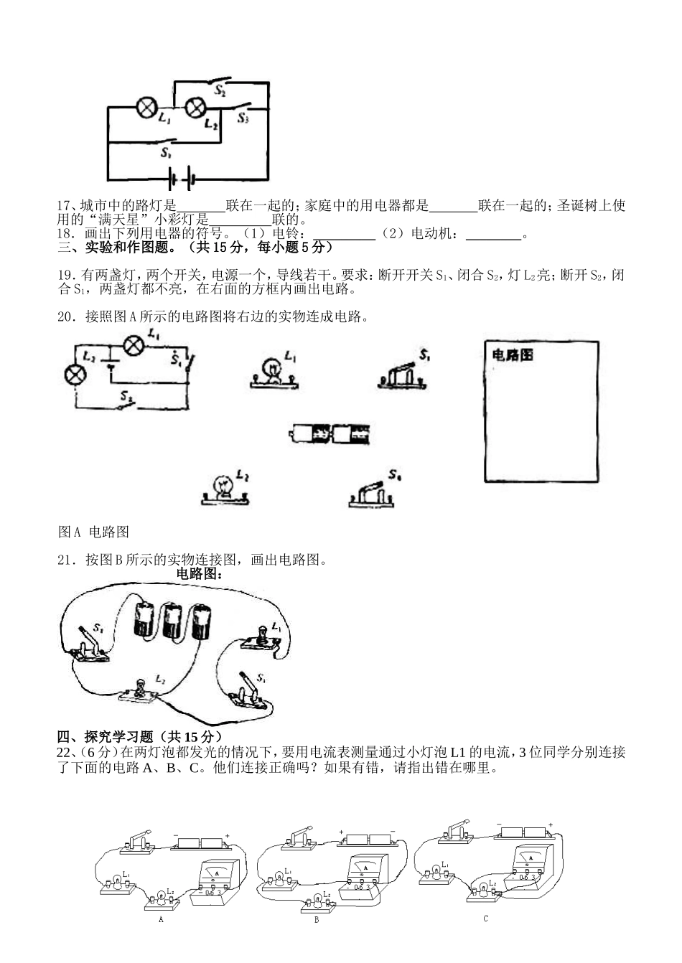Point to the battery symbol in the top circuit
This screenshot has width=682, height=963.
(182, 177)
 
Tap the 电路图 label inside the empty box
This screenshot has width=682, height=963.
(512, 354)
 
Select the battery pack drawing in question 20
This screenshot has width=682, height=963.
(332, 433)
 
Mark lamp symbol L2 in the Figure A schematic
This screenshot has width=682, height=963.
(75, 374)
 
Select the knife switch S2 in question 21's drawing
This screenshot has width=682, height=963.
(91, 644)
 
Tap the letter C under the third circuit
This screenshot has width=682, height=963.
(486, 918)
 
